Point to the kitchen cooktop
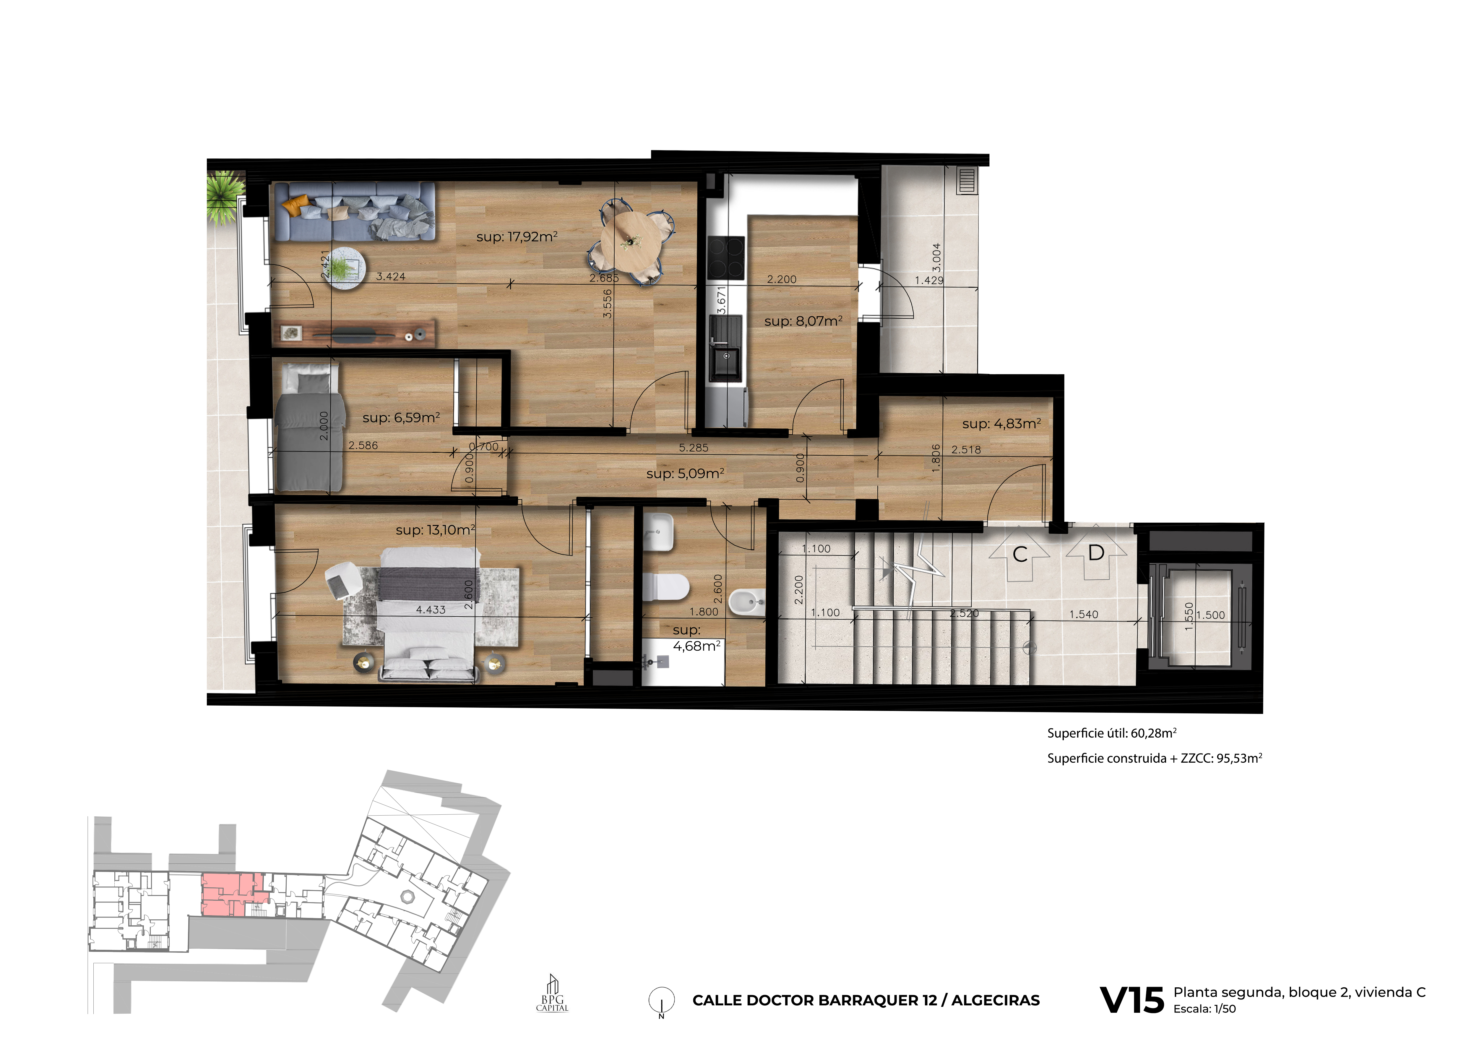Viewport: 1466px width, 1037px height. point(726,258)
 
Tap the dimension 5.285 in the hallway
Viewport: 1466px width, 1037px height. point(694,448)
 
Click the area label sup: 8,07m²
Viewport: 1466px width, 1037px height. point(803,321)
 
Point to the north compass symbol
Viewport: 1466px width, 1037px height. point(661,1001)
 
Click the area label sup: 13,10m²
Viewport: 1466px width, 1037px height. point(436,530)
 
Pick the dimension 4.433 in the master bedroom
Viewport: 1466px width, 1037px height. point(431,610)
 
